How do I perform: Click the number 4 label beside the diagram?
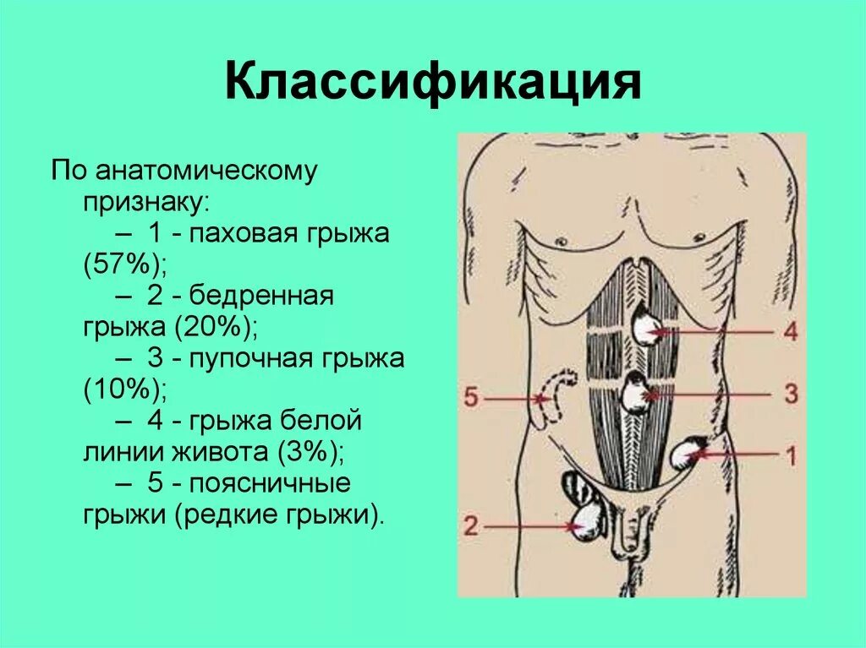[x=790, y=331]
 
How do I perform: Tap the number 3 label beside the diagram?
[x=790, y=394]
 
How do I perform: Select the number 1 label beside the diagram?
[x=790, y=457]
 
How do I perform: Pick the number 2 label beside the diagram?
[x=471, y=525]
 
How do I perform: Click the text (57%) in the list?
[x=123, y=264]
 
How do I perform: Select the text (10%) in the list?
[x=123, y=390]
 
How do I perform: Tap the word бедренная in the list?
[x=262, y=296]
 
